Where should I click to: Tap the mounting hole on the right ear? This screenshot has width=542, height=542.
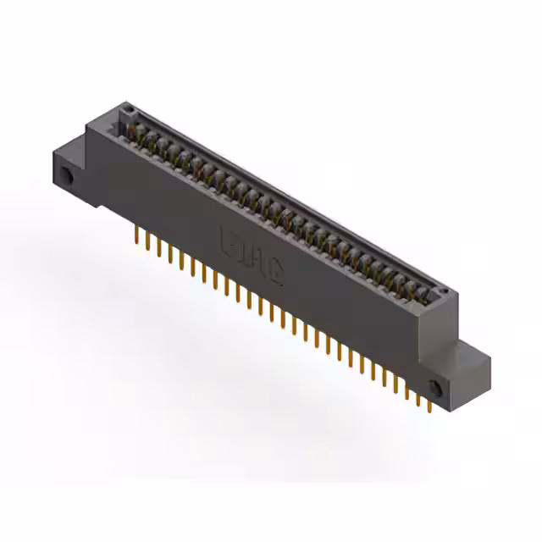tap(438, 388)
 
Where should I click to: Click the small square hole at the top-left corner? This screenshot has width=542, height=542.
tap(128, 110)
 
